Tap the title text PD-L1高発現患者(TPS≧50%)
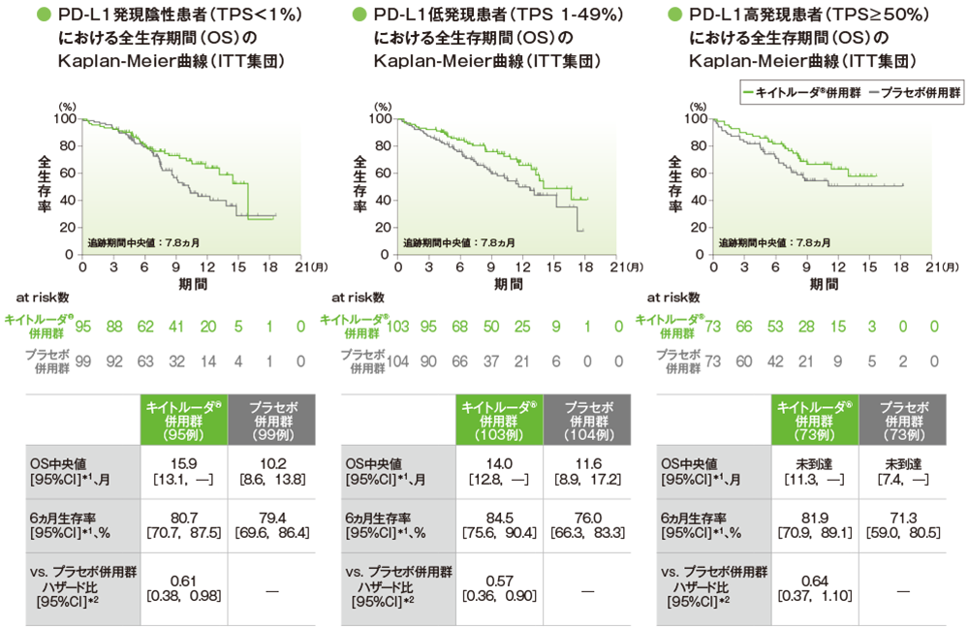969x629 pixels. (809, 16)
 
